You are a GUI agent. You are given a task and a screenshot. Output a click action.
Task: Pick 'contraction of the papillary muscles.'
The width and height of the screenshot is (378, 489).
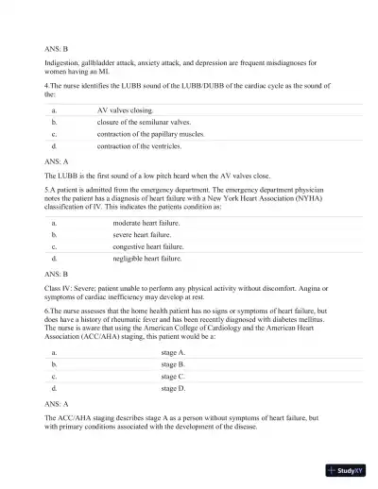150,135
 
